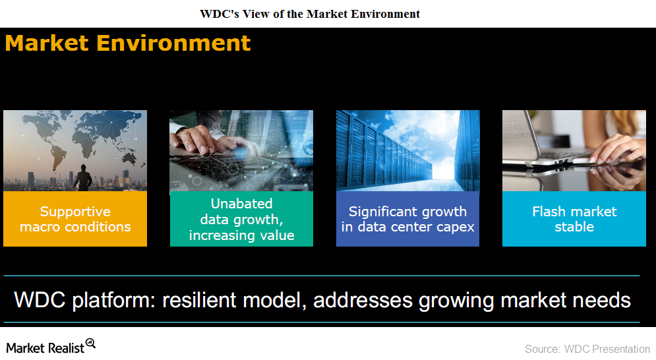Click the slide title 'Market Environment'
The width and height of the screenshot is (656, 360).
pyautogui.click(x=128, y=43)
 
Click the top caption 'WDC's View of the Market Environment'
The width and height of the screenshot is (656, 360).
pyautogui.click(x=310, y=14)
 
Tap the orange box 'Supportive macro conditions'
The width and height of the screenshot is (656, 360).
pyautogui.click(x=75, y=219)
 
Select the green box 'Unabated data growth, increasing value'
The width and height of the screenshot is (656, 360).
pyautogui.click(x=241, y=219)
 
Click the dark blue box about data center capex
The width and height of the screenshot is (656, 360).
pyautogui.click(x=407, y=219)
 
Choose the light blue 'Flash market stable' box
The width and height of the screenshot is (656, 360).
pyautogui.click(x=574, y=219)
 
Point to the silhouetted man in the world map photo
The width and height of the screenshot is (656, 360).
pyautogui.click(x=83, y=178)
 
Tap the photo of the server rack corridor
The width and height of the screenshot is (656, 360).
pyautogui.click(x=408, y=151)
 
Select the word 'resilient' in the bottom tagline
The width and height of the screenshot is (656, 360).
pyautogui.click(x=199, y=300)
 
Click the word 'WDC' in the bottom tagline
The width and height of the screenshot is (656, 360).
pyautogui.click(x=40, y=300)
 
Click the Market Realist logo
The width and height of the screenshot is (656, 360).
pyautogui.click(x=51, y=347)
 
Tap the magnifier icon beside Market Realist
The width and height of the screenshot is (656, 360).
pyautogui.click(x=90, y=344)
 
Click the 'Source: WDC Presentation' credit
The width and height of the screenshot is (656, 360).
pyautogui.click(x=587, y=349)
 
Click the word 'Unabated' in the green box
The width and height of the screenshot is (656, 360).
pyautogui.click(x=241, y=204)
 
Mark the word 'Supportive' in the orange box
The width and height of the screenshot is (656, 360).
pyautogui.click(x=75, y=212)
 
